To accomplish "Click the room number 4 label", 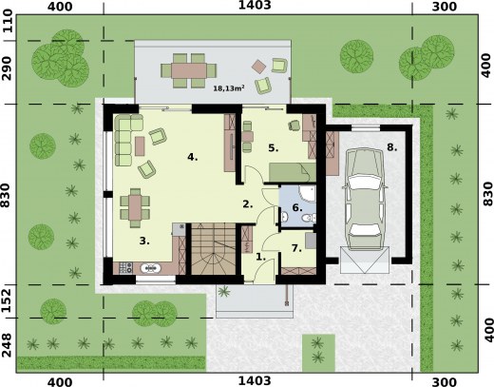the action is (x=193, y=157).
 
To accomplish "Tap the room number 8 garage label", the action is (x=392, y=147).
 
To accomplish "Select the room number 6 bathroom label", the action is (x=297, y=207).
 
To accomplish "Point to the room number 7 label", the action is (x=296, y=248).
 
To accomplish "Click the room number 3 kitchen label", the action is (x=144, y=241).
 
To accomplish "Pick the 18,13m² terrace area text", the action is (x=229, y=88).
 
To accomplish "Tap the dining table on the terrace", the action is (x=189, y=70).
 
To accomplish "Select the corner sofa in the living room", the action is (x=125, y=140).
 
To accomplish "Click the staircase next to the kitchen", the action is (x=214, y=248).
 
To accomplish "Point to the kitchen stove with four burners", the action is (x=125, y=268).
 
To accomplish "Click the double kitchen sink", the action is (x=151, y=268).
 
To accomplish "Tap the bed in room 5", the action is (x=293, y=172).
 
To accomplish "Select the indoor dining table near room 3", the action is (x=135, y=208).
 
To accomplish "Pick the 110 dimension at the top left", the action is (x=7, y=21).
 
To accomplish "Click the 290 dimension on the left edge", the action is (x=7, y=68).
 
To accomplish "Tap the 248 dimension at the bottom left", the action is (x=7, y=345).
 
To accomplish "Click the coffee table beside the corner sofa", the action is (x=140, y=146).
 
